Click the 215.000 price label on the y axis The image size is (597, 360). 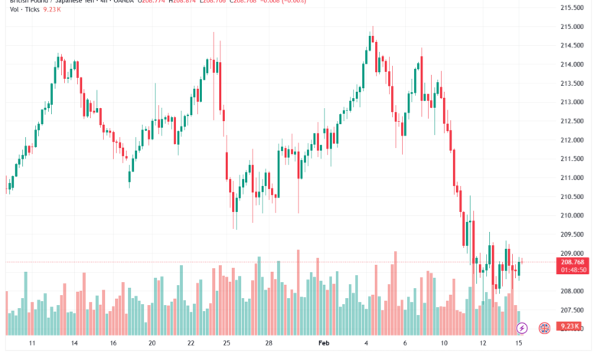pos(573,27)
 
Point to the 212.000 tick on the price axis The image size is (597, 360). pos(573,140)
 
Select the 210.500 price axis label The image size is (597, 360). pos(573,197)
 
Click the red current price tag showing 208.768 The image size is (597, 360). pos(573,262)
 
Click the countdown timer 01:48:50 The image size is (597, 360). pos(573,270)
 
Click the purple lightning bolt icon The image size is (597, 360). pos(522,328)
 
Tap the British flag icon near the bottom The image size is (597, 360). pos(545,328)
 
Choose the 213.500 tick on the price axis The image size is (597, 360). pos(573,83)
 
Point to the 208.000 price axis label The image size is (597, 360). pos(573,291)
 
